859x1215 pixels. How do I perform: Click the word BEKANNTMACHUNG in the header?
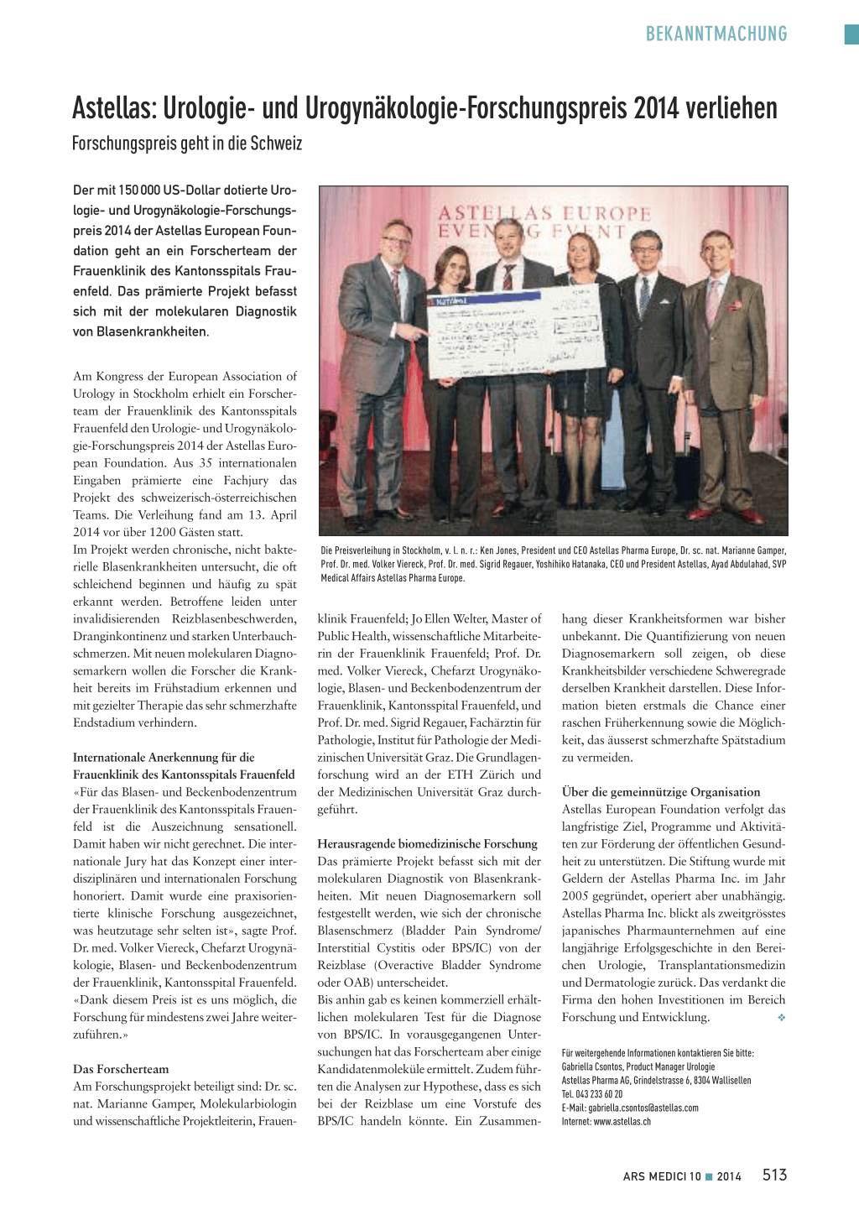[716, 34]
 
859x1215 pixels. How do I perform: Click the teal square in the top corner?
[851, 34]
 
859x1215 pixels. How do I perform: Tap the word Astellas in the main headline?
[114, 108]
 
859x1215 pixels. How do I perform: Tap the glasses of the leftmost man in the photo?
[394, 242]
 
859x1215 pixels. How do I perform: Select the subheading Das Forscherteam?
[121, 1069]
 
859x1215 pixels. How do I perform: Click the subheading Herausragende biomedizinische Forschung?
[427, 844]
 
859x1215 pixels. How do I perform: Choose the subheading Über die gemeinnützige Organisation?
[660, 792]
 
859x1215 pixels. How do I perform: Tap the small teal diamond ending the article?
[781, 1018]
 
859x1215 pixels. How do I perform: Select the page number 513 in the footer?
[774, 1176]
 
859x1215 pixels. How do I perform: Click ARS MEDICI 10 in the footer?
[661, 1176]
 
